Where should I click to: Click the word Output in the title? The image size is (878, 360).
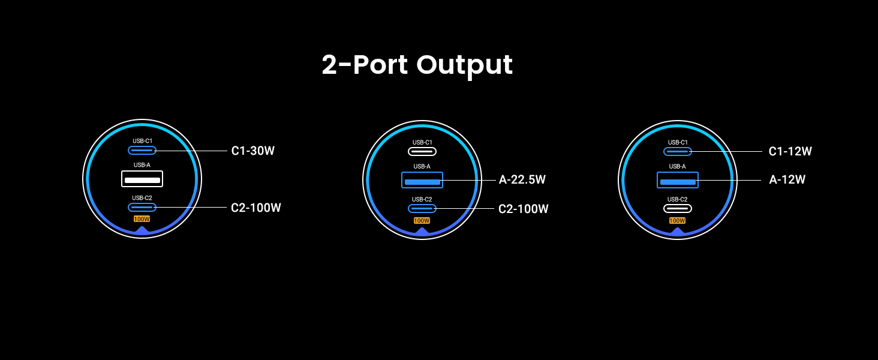pyautogui.click(x=464, y=65)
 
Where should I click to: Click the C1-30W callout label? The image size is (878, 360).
pyautogui.click(x=252, y=151)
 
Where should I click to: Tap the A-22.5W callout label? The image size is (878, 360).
pyautogui.click(x=522, y=179)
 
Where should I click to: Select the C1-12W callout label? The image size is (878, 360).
pyautogui.click(x=790, y=152)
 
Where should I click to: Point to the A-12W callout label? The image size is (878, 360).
pyautogui.click(x=787, y=179)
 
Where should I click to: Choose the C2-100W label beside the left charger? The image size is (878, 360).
pyautogui.click(x=255, y=208)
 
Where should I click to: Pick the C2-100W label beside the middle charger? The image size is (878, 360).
pyautogui.click(x=523, y=209)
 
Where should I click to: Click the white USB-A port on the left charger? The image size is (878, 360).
pyautogui.click(x=142, y=179)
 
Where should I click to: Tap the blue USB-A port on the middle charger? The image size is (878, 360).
pyautogui.click(x=422, y=181)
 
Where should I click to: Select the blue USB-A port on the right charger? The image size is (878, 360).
pyautogui.click(x=678, y=181)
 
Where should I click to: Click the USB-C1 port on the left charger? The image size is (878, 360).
pyautogui.click(x=142, y=151)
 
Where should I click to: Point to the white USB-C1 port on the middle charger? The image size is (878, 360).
pyautogui.click(x=422, y=152)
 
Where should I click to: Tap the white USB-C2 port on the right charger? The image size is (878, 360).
pyautogui.click(x=678, y=208)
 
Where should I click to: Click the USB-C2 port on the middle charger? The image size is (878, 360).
pyautogui.click(x=422, y=208)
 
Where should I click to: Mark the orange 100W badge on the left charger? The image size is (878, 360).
pyautogui.click(x=142, y=219)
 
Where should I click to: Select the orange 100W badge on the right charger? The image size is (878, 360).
pyautogui.click(x=677, y=221)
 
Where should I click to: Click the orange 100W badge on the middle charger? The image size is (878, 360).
pyautogui.click(x=422, y=221)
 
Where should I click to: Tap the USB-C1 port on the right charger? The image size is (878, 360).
pyautogui.click(x=678, y=152)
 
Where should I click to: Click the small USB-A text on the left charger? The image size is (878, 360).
pyautogui.click(x=142, y=165)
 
